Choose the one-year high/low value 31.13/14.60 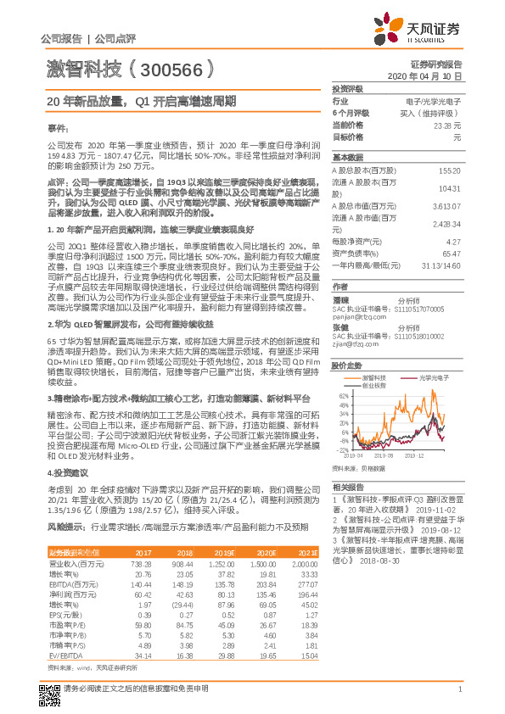(x=440, y=265)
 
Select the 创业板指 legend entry (x=374, y=384)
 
